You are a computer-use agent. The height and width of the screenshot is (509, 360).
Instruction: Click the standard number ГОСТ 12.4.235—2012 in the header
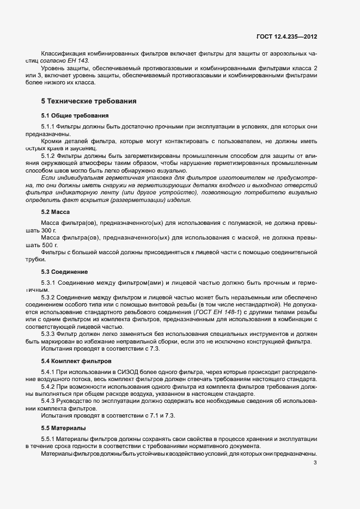[x=286, y=36]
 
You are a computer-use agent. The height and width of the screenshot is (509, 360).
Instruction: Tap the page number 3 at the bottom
[x=315, y=463]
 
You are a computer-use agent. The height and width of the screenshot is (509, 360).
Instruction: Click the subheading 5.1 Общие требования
[x=75, y=115]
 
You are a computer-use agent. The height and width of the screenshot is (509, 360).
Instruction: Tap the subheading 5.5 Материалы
[x=64, y=428]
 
